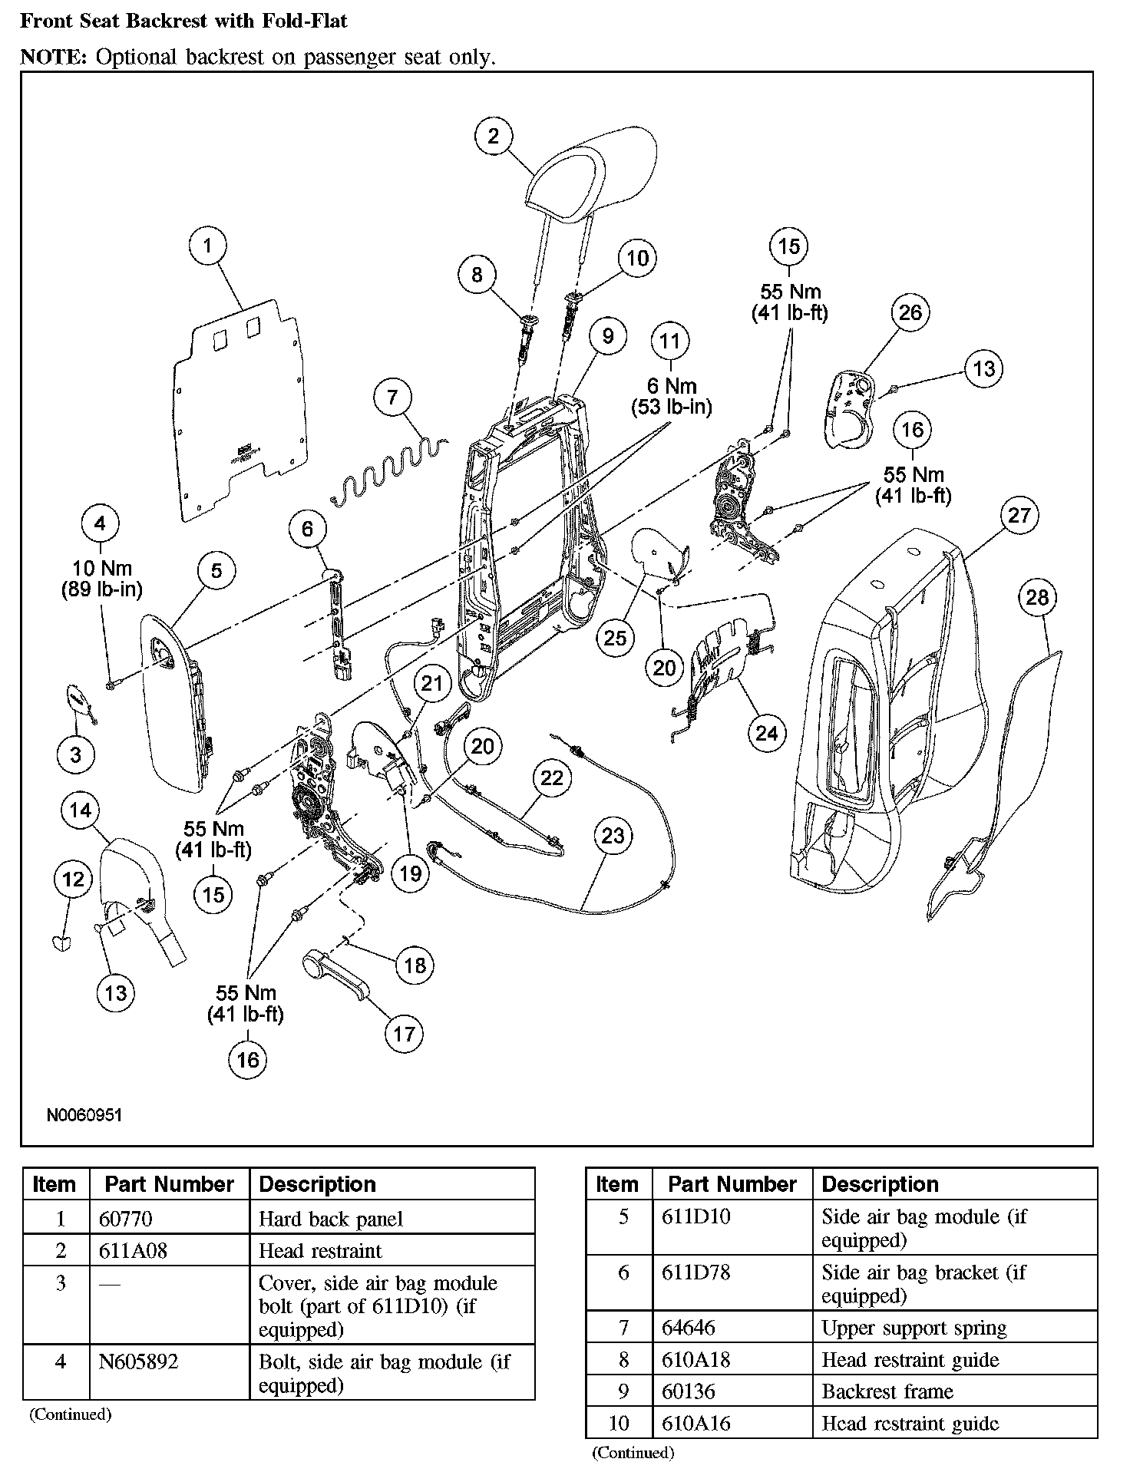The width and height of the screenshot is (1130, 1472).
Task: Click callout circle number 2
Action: [x=493, y=136]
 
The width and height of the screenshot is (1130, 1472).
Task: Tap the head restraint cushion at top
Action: [x=591, y=169]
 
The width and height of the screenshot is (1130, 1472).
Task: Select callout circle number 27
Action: [x=1018, y=515]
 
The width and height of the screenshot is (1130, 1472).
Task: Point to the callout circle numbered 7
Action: [x=393, y=397]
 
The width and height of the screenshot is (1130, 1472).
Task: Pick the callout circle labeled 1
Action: [x=207, y=246]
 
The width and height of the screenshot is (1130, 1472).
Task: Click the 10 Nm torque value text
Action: [x=102, y=569]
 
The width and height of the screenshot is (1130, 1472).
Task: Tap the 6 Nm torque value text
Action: [x=671, y=385]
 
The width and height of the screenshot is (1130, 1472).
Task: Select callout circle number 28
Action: [x=1037, y=598]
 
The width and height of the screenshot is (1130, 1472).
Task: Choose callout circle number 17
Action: [x=404, y=1034]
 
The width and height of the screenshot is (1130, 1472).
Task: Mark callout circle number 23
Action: [x=613, y=836]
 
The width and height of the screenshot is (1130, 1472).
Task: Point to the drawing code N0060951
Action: [x=84, y=1115]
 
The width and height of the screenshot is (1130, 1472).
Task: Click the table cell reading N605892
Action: [x=139, y=1362]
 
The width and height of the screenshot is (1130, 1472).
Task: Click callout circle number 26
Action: [x=910, y=312]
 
